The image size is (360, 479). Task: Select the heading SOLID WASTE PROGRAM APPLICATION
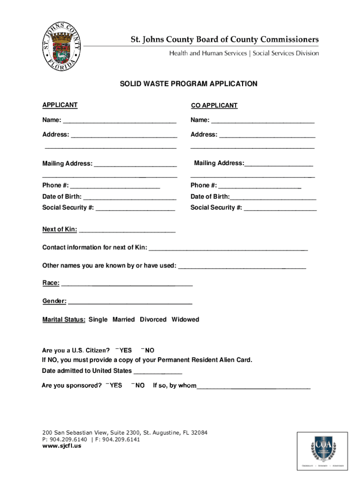pyautogui.click(x=188, y=84)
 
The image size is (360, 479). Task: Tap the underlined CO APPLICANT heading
pyautogui.click(x=214, y=106)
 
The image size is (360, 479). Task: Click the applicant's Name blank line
pyautogui.click(x=120, y=121)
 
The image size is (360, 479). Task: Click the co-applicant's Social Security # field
pyautogui.click(x=280, y=208)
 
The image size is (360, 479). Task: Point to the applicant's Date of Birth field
pyautogui.click(x=130, y=197)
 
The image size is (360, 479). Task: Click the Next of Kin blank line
pyautogui.click(x=127, y=230)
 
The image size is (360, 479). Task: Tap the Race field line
pyautogui.click(x=127, y=283)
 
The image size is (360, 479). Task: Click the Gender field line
pyautogui.click(x=130, y=302)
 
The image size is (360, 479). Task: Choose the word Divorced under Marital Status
pyautogui.click(x=153, y=319)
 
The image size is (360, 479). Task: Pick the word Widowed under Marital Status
pyautogui.click(x=185, y=319)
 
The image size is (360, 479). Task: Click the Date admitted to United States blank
pyautogui.click(x=158, y=371)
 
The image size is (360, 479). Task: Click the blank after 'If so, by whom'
pyautogui.click(x=253, y=386)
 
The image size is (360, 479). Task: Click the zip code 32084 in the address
pyautogui.click(x=198, y=433)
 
